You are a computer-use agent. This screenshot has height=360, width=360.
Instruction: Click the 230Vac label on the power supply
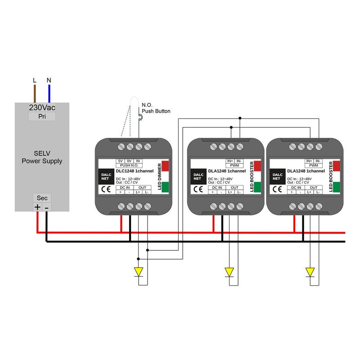[x=42, y=108]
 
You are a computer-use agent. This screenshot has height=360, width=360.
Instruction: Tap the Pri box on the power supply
[x=42, y=117]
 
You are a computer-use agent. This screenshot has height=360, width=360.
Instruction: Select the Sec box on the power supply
[x=42, y=198]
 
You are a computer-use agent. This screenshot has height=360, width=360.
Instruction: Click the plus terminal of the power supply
[x=37, y=207]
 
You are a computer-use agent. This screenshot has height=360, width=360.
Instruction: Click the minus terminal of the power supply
[x=47, y=207]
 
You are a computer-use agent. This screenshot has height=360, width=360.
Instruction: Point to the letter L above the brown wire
[x=35, y=81]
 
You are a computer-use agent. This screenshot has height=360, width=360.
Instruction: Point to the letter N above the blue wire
[x=49, y=81]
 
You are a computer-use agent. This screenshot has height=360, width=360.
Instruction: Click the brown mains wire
[x=35, y=94]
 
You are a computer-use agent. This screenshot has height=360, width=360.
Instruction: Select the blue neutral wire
[x=49, y=94]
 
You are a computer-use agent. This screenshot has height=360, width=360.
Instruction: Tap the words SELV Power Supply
[x=42, y=157]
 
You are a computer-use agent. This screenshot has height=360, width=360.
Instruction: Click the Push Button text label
[x=156, y=111]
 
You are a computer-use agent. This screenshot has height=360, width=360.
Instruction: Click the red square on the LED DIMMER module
[x=165, y=165]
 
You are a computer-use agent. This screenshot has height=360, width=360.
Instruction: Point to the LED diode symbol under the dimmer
[x=139, y=272]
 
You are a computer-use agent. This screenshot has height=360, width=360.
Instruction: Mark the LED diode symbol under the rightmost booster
[x=310, y=272]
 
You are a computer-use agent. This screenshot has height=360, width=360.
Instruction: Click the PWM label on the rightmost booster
[x=314, y=166]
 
